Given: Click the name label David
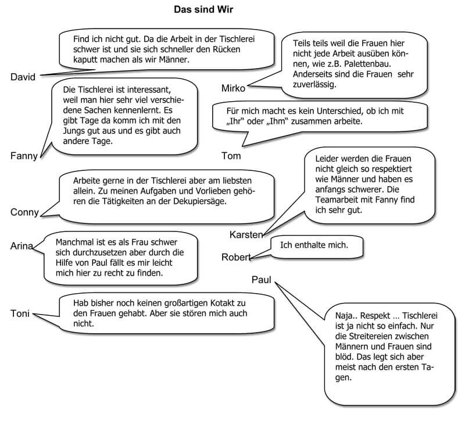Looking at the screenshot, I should [23, 77].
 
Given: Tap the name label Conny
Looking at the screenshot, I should [24, 212].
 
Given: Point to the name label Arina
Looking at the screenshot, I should [22, 245].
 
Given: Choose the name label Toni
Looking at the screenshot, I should [20, 314].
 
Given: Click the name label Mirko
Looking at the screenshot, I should [234, 88].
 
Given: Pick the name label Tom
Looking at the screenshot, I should [231, 155].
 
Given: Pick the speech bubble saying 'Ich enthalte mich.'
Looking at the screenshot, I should [314, 245].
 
